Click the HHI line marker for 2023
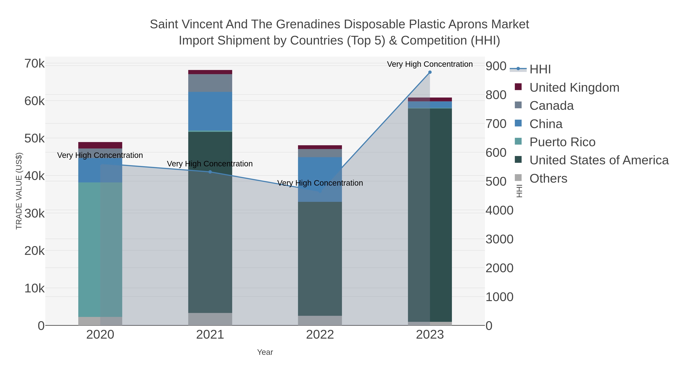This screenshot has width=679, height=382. pyautogui.click(x=430, y=72)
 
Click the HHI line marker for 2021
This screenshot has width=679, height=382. pyautogui.click(x=210, y=172)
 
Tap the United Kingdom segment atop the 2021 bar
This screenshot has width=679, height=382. pyautogui.click(x=210, y=72)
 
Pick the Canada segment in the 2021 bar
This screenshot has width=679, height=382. pyautogui.click(x=210, y=83)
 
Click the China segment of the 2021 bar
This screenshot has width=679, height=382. pyautogui.click(x=210, y=111)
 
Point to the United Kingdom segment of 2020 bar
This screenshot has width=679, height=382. pyautogui.click(x=100, y=145)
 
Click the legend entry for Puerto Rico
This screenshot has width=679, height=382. pyautogui.click(x=562, y=142)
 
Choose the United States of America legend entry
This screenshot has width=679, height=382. pyautogui.click(x=599, y=160)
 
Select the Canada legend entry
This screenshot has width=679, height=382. pyautogui.click(x=551, y=106)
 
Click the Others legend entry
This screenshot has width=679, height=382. pyautogui.click(x=548, y=178)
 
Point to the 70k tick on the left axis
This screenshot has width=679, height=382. pyautogui.click(x=35, y=64)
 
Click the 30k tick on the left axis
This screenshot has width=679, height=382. pyautogui.click(x=35, y=214)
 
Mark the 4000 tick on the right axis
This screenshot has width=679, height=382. pyautogui.click(x=499, y=210)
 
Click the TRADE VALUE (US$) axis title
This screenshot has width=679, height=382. pyautogui.click(x=19, y=191)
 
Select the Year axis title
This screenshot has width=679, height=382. pyautogui.click(x=265, y=352)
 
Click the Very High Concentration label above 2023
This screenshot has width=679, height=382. pyautogui.click(x=430, y=64)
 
